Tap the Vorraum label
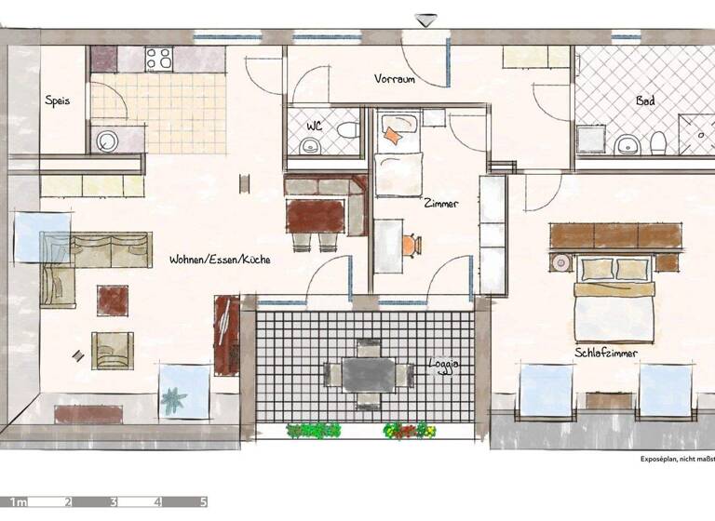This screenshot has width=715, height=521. pos(395,79)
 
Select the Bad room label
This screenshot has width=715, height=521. pos(644,100)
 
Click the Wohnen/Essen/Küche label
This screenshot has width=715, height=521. pos(220,260)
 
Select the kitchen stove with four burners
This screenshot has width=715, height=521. pos(159,59)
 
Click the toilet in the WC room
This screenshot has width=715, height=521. pos(348,130)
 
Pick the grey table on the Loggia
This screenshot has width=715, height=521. pos(369,374)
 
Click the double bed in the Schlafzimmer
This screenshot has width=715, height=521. pos(614,300)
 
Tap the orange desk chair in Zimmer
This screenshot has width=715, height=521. pos(410,245)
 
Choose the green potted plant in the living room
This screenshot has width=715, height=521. pos(173,401)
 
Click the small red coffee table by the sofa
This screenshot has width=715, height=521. pos(113,300)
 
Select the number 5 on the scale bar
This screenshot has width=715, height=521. pos(202,502)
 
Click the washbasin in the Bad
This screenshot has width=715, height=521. pos(627,144)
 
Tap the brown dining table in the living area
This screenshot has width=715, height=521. pos(316,216)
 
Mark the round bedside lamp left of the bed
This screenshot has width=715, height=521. pos(561,263)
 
